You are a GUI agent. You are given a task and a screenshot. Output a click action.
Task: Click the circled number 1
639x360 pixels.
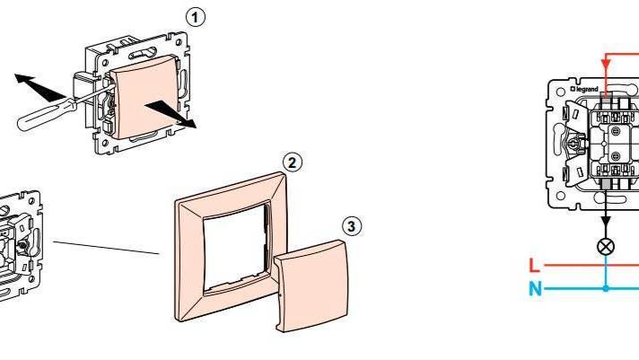tap(196, 18)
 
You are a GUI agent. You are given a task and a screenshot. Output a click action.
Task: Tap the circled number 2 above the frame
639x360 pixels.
tap(293, 163)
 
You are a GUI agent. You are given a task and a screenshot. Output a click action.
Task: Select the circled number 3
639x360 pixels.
tap(352, 226)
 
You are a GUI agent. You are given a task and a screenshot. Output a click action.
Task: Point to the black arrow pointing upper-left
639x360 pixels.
tap(39, 88)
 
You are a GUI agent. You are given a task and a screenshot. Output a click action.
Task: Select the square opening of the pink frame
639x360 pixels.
tap(235, 248)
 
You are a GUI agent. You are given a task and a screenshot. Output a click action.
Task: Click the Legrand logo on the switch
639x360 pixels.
tap(584, 89)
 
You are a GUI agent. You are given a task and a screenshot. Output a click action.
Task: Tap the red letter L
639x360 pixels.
tap(534, 266)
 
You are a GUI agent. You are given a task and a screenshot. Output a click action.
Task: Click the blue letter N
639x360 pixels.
tap(536, 289)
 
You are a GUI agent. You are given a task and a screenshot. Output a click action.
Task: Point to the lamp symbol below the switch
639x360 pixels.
tap(606, 247)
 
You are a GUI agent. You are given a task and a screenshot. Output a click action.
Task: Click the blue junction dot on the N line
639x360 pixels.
tap(606, 289)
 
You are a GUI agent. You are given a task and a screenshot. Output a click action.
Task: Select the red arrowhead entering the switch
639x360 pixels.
tap(606, 65)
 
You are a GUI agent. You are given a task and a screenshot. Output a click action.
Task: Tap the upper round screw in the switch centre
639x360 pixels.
tap(616, 131)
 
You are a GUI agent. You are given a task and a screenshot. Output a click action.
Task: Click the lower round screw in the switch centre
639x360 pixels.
tap(616, 156)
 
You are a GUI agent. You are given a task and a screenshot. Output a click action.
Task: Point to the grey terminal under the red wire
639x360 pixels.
tap(606, 97)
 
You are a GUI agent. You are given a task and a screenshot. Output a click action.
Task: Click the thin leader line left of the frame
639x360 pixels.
tap(106, 248)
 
